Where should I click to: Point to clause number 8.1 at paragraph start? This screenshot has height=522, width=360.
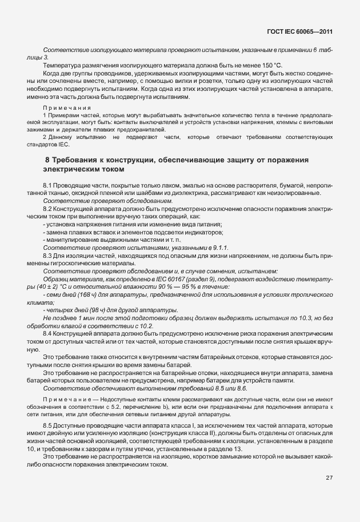tap(48, 186)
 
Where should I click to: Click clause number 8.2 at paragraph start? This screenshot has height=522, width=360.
tap(48, 210)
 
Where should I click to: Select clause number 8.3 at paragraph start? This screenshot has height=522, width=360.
tap(48, 256)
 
